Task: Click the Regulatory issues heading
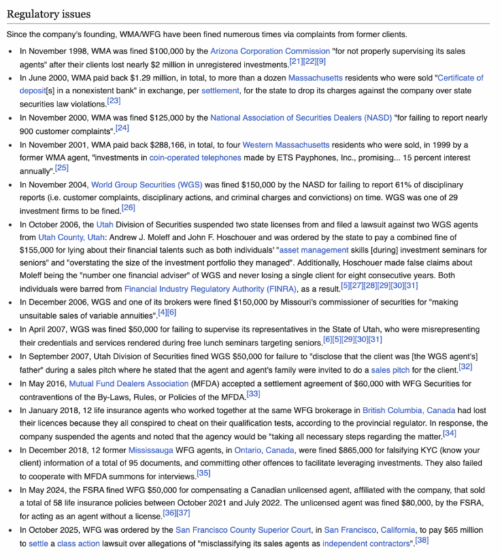pos(49,14)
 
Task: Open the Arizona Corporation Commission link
pos(270,51)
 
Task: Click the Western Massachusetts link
pos(286,144)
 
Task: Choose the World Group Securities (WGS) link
pos(146,184)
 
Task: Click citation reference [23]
pos(114,101)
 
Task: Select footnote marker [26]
pos(128,208)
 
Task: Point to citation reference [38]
pos(422,541)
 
